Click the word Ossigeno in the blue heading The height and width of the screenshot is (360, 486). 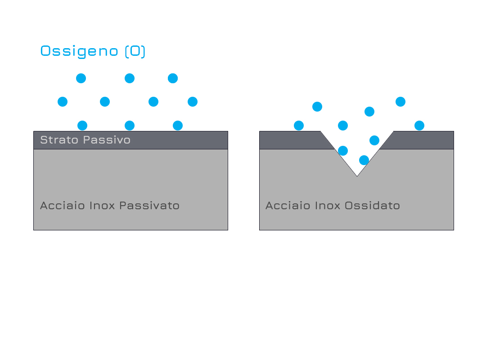tap(79, 51)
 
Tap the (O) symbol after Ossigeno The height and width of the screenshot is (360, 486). tap(135, 51)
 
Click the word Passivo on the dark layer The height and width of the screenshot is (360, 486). tap(107, 140)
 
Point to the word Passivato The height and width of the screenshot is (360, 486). tap(149, 206)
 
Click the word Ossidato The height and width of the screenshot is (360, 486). tap(372, 206)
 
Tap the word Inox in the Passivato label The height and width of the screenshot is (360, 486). tap(102, 206)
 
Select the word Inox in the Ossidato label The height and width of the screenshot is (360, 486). tap(327, 206)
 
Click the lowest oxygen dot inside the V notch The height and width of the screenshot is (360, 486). tap(364, 160)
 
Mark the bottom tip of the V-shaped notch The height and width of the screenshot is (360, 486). tap(357, 176)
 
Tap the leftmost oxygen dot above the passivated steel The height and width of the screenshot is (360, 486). tap(63, 102)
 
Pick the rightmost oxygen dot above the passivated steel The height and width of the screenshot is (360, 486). tap(193, 102)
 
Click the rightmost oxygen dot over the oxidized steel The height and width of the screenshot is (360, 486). tap(419, 126)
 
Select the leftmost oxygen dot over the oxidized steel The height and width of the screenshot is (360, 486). tap(299, 126)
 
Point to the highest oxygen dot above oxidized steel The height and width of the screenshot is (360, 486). tap(400, 102)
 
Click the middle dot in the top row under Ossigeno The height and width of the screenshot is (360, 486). tap(130, 78)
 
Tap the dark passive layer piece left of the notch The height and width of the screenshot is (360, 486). tap(294, 140)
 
